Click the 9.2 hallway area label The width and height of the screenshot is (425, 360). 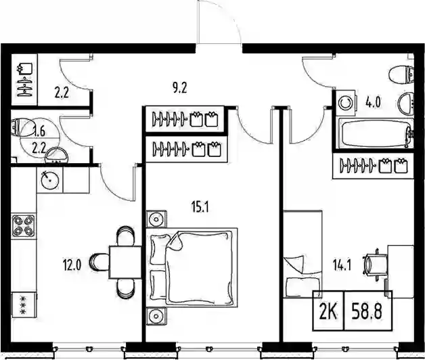click(180, 87)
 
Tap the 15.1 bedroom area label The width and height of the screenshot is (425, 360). click(200, 207)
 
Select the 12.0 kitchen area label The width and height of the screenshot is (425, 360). click(72, 265)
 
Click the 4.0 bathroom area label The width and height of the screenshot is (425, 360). click(374, 102)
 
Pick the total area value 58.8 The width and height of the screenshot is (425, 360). click(367, 311)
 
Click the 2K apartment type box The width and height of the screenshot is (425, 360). click(328, 311)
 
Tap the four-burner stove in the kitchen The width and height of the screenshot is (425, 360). click(24, 225)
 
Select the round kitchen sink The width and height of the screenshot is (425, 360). click(50, 179)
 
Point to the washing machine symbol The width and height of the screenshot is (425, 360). click(345, 104)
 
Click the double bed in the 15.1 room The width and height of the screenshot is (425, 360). click(192, 267)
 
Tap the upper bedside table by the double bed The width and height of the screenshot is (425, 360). click(156, 219)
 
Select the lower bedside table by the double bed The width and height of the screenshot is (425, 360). click(156, 316)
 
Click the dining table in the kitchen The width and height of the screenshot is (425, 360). click(125, 262)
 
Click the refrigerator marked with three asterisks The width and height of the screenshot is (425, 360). click(24, 305)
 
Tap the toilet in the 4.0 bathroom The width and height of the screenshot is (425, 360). click(401, 74)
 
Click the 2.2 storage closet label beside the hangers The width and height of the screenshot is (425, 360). click(62, 93)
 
